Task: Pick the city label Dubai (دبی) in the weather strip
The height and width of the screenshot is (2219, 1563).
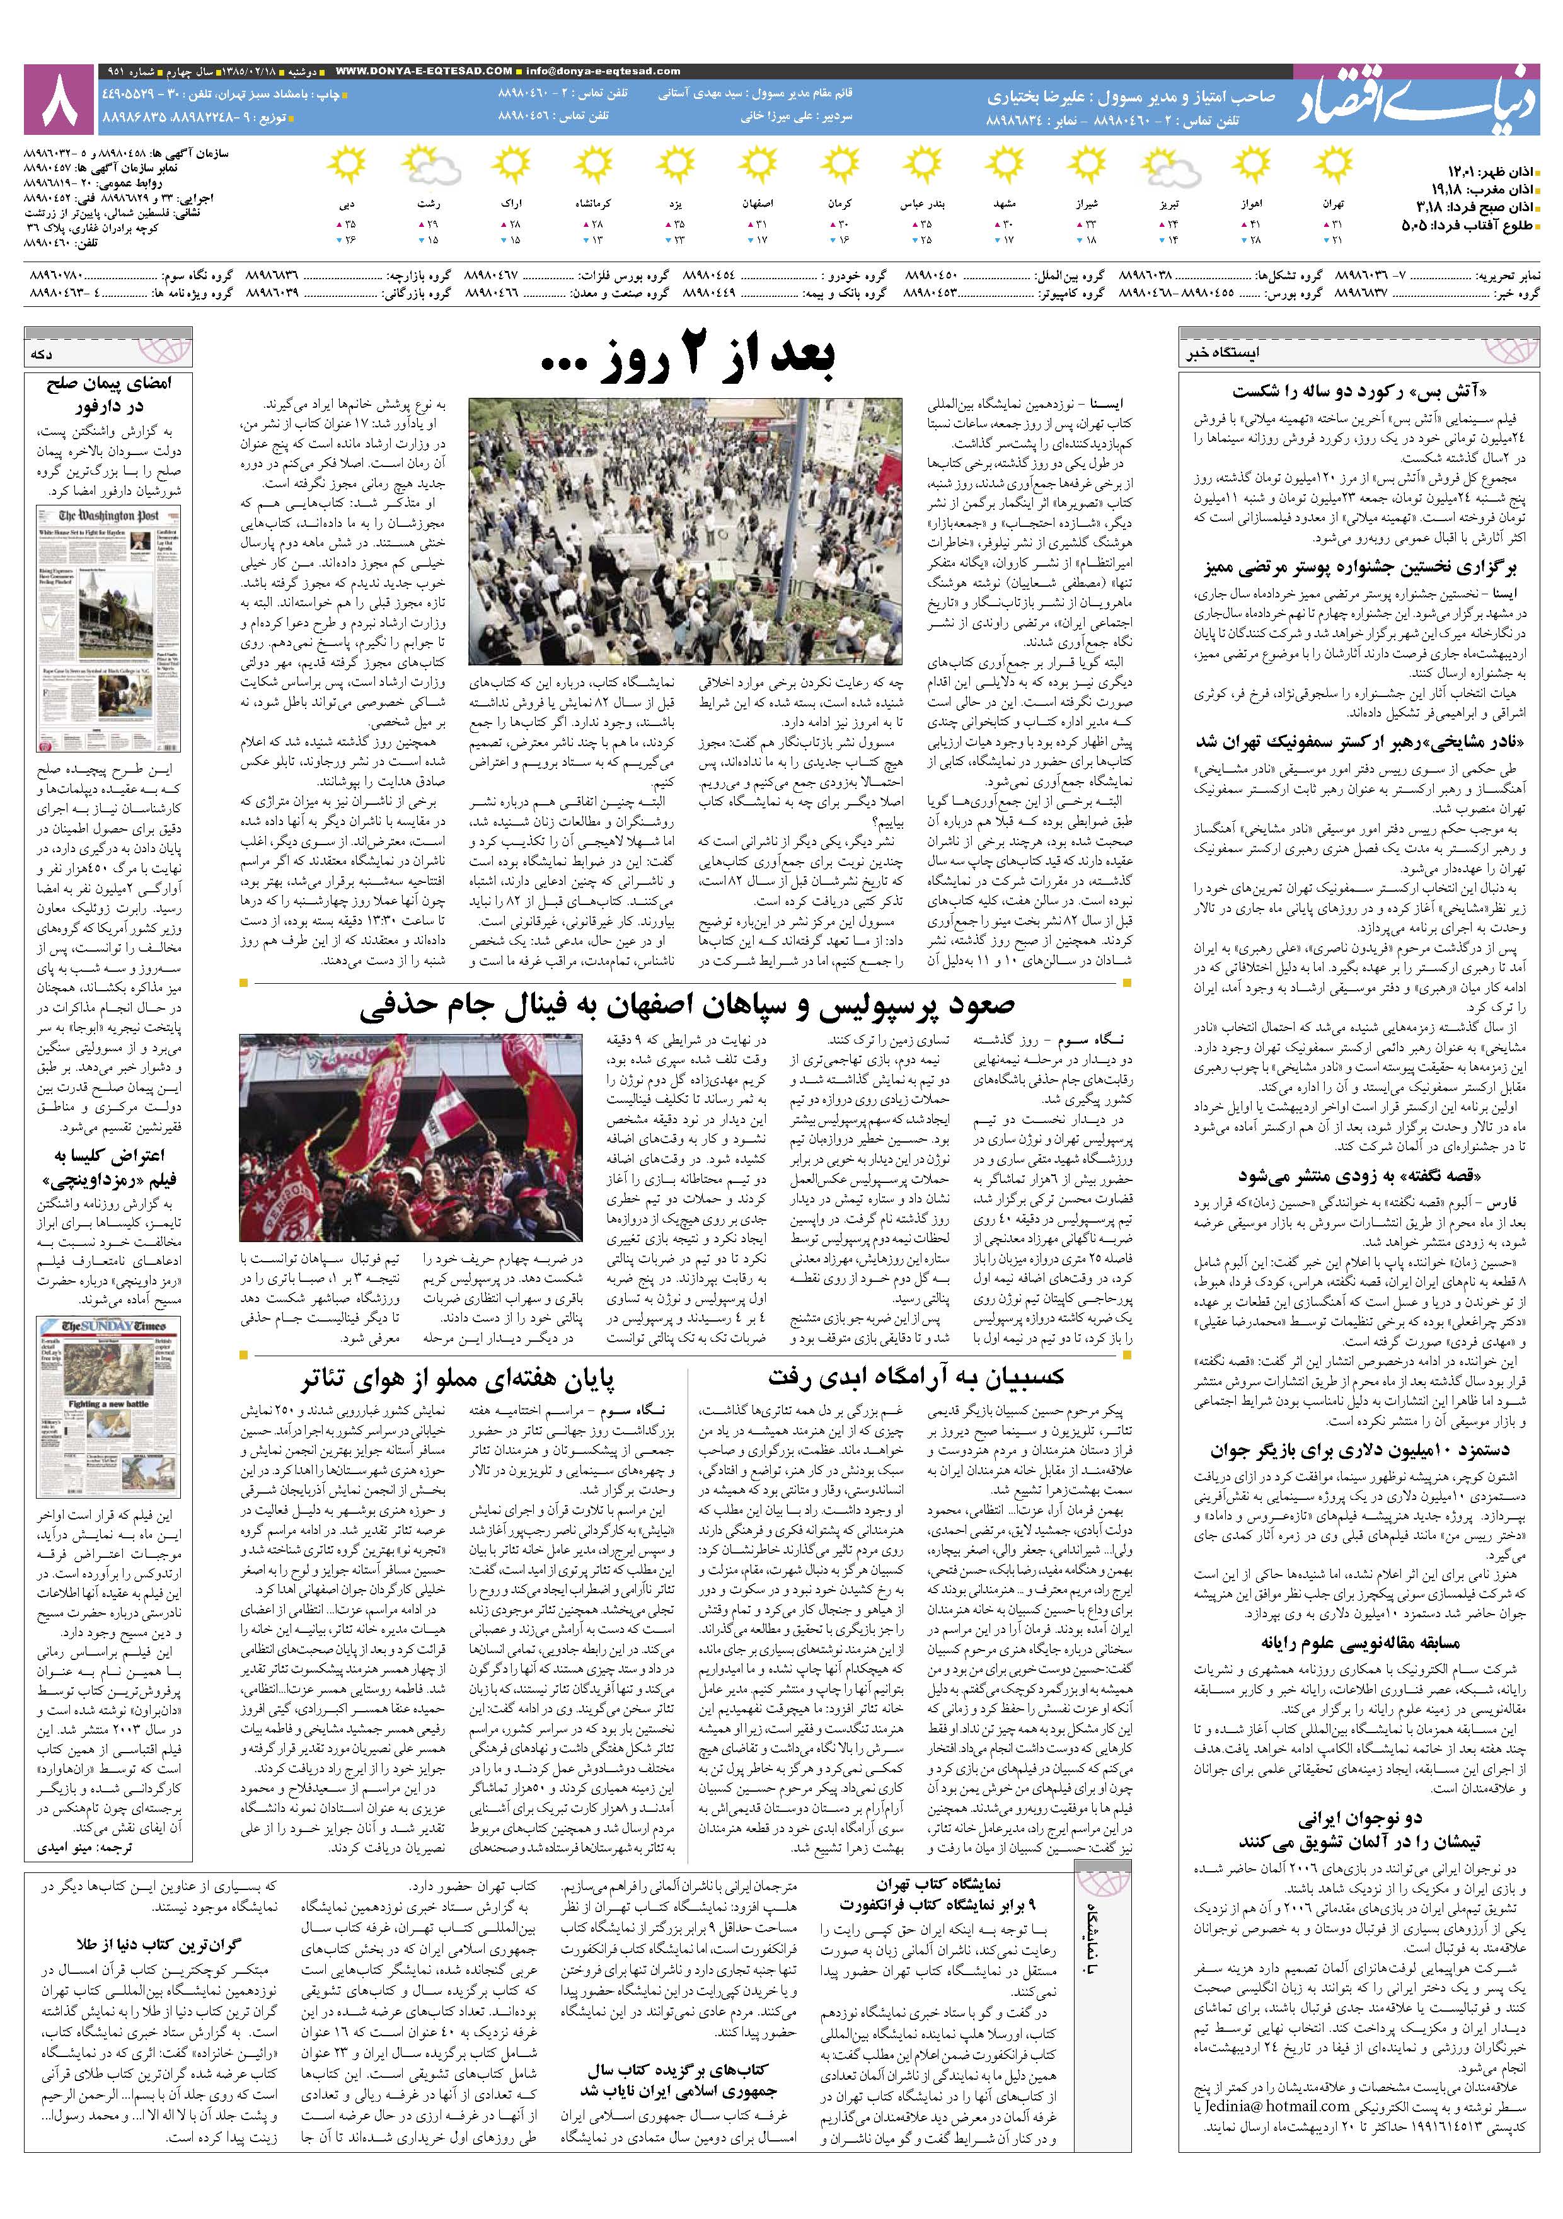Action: [x=346, y=205]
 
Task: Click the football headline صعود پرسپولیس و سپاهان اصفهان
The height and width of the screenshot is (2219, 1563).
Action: [x=687, y=1007]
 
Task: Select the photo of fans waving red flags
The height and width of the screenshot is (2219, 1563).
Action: [x=411, y=1136]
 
